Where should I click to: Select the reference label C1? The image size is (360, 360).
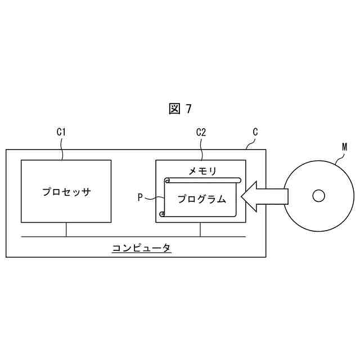[x=62, y=133]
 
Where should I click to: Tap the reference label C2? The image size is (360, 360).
[x=201, y=133]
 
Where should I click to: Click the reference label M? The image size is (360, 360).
[x=344, y=147]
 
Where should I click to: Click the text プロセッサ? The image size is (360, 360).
[x=66, y=192]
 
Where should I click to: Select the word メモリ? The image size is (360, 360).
[x=201, y=170]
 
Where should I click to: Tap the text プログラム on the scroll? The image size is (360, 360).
[x=201, y=199]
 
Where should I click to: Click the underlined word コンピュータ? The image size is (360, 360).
[x=141, y=247]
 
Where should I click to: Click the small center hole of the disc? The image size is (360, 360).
[x=318, y=196]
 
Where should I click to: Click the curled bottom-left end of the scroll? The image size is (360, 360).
[x=163, y=214]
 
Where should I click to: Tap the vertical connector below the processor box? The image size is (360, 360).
[x=66, y=229]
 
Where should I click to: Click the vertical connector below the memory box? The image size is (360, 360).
[x=201, y=229]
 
